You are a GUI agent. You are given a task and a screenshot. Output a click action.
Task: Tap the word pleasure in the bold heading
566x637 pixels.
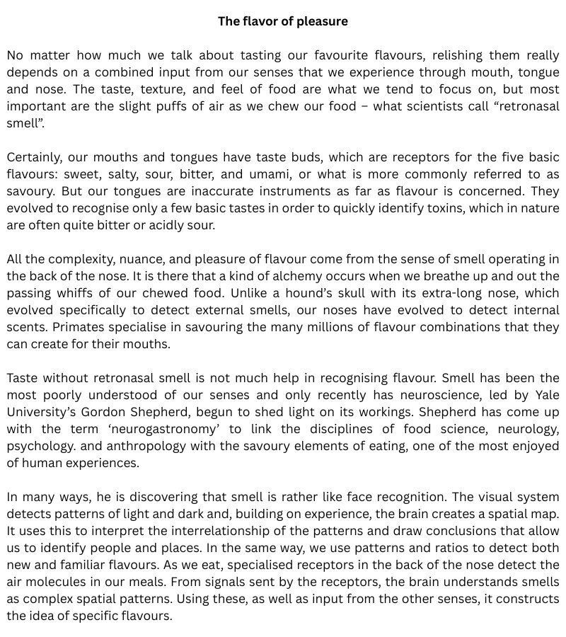click(320, 21)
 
